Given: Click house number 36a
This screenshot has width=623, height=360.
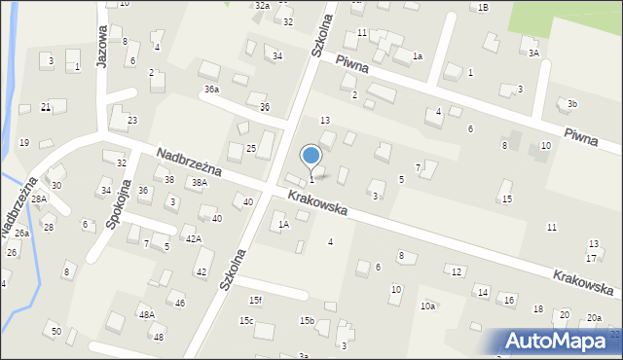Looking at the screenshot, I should [211, 90].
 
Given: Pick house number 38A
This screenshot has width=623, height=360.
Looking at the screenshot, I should [199, 182].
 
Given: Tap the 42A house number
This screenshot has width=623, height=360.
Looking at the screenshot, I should [194, 238].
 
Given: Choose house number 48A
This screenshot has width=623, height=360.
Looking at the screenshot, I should [146, 314].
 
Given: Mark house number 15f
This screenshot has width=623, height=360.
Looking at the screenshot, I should [255, 300].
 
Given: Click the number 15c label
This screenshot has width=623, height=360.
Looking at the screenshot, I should [246, 321].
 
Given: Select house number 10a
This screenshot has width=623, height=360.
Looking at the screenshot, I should [427, 306].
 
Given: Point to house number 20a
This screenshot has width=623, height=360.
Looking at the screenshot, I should [594, 318].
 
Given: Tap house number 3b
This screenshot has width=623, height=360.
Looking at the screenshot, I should [572, 104].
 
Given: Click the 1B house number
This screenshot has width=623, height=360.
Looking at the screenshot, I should [483, 7].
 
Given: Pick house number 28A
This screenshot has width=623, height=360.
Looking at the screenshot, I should [38, 198].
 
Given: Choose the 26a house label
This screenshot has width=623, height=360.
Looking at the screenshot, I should [21, 234].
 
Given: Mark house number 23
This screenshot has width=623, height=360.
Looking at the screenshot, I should [132, 120].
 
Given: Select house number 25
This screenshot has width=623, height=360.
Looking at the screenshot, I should [250, 148].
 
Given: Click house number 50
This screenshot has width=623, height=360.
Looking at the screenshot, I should [56, 332].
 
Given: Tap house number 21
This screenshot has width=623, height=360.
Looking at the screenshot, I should [46, 107].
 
